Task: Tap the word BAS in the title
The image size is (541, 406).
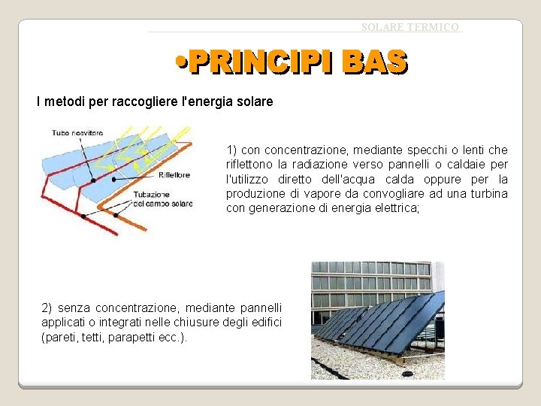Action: (x=374, y=63)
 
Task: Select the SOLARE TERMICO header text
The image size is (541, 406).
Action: (x=410, y=27)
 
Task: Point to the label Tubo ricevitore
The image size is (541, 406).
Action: (x=77, y=133)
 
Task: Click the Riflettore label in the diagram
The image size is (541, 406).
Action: (x=174, y=175)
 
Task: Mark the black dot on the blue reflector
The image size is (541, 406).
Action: (x=93, y=180)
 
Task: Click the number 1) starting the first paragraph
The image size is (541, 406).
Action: (x=232, y=150)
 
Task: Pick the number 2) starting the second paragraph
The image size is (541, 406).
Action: (x=47, y=308)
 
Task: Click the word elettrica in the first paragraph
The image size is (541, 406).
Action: (x=396, y=208)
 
